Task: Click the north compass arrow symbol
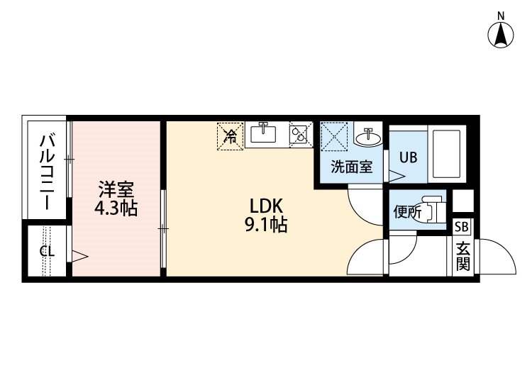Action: [x=501, y=35]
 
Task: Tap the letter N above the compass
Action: [x=501, y=16]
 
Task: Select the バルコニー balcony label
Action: [x=47, y=172]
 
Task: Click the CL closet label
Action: [x=47, y=251]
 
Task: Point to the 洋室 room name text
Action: [x=116, y=189]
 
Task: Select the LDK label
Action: [x=266, y=206]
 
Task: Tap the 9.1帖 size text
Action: [x=266, y=224]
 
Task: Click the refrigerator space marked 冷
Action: [x=231, y=136]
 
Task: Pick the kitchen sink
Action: [x=263, y=133]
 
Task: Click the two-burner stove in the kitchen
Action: [x=298, y=135]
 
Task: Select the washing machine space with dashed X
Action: [x=335, y=135]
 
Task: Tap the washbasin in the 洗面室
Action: [x=368, y=138]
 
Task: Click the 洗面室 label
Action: [x=352, y=167]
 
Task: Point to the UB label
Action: [x=408, y=157]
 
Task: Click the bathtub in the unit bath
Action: [x=447, y=155]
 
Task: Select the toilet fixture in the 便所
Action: [x=433, y=209]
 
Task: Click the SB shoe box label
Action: [x=462, y=226]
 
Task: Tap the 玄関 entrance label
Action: [x=462, y=257]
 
